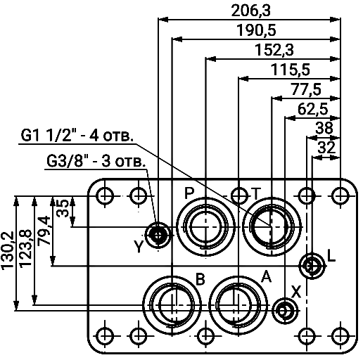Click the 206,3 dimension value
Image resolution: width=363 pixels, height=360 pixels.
(x=250, y=10)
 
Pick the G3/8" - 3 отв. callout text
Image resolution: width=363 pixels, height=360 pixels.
(x=96, y=161)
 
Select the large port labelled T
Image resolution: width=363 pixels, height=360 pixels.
(x=272, y=226)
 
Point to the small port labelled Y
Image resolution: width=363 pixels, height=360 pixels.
(x=157, y=233)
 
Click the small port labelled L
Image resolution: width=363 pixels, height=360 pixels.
(x=311, y=265)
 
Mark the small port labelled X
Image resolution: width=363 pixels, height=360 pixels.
(x=284, y=309)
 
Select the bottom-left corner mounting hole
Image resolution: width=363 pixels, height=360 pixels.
(x=103, y=335)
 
